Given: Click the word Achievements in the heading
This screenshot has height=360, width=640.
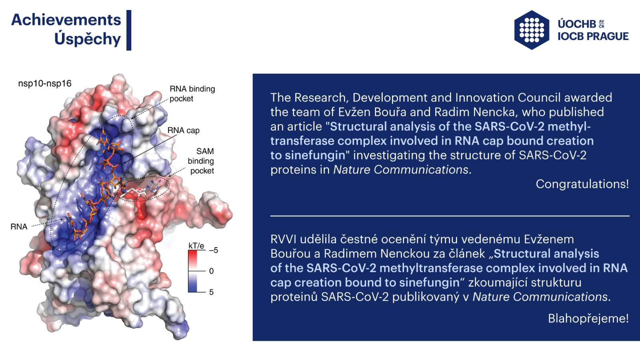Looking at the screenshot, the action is coord(66,20).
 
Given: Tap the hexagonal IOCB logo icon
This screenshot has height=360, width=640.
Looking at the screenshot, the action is coord(532,30).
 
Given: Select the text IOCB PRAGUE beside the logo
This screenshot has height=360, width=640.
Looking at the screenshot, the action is coord(593,36).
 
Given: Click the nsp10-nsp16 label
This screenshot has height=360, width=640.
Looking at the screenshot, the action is coord(44,84).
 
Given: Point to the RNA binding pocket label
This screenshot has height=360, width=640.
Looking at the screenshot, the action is coord(192,94).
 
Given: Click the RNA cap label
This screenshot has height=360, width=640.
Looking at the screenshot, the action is coord(184,130).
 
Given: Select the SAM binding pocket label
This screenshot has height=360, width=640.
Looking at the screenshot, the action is coord(201,161).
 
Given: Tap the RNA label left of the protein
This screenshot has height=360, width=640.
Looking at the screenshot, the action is coord(19,226).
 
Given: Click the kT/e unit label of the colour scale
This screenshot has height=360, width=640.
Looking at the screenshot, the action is coord(196,246).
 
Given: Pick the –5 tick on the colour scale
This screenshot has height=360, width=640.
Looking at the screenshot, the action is coord(214,250).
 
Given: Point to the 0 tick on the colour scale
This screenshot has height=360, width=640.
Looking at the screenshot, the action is coord(212,271).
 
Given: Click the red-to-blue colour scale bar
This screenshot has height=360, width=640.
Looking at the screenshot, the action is coord(192,271).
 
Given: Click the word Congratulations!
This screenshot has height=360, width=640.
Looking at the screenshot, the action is coord(582,184).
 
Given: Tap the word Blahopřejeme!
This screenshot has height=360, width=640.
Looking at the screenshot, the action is coord(588,318).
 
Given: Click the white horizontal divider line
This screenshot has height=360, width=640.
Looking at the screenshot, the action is coord(450,216).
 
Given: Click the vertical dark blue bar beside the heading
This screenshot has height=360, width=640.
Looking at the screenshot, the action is coord(129,30).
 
